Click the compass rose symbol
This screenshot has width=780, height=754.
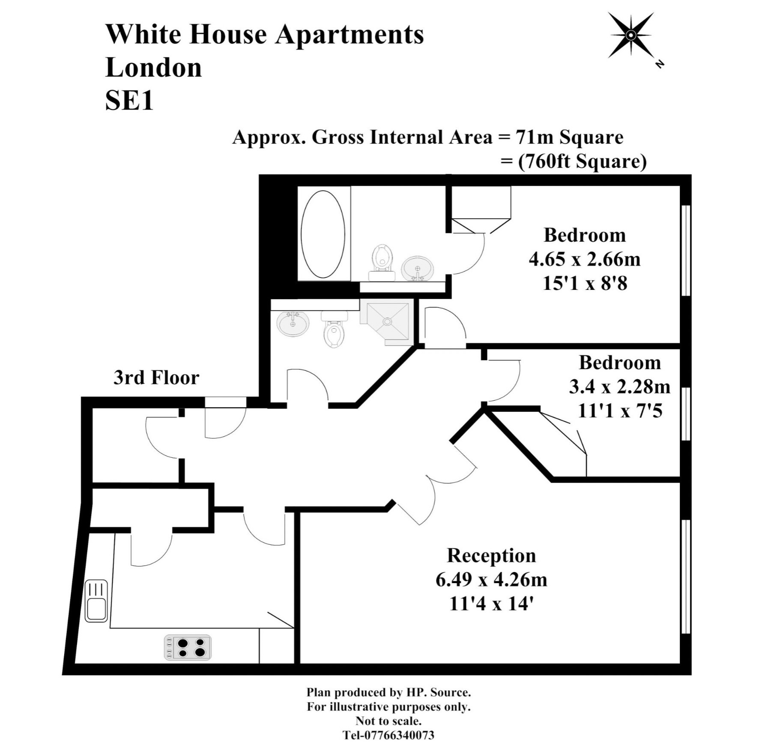(x=631, y=35)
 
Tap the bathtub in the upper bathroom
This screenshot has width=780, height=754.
(x=323, y=234)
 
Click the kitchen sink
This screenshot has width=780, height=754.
(x=96, y=601)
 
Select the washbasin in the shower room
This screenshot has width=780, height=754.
(x=293, y=323)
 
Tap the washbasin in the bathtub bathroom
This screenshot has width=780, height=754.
(x=418, y=268)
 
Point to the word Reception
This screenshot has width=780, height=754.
(x=491, y=555)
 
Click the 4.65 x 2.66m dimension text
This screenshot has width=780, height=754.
(x=585, y=259)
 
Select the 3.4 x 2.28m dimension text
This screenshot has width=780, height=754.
(x=619, y=387)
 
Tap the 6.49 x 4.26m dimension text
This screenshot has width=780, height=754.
(x=491, y=580)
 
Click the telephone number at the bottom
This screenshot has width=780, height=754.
(x=389, y=735)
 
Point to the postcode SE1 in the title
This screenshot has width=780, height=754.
(x=129, y=101)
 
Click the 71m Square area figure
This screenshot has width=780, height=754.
(x=570, y=137)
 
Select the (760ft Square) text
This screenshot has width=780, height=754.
(x=582, y=161)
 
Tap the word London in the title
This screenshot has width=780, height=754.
(x=153, y=68)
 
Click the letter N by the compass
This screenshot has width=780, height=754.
(x=659, y=64)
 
